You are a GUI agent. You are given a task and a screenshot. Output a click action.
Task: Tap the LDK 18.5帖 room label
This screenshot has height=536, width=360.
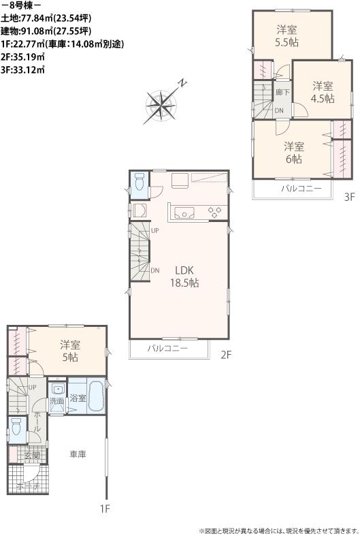pyautogui.click(x=180, y=276)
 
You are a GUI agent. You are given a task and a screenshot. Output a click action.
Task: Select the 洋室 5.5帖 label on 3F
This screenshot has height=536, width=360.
pyautogui.click(x=287, y=35)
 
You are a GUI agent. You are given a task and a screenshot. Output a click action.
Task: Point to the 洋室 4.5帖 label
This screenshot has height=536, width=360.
pyautogui.click(x=323, y=92)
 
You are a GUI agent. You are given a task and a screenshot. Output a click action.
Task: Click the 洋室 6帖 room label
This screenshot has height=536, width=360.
pyautogui.click(x=293, y=152)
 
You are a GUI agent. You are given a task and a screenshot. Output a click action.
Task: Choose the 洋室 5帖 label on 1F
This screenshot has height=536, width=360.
pyautogui.click(x=69, y=350)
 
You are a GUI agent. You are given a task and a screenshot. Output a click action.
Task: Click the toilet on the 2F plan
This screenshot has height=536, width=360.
pyautogui.click(x=139, y=183)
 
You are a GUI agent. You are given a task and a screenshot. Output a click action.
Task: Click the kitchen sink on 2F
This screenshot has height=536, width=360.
pyautogui.click(x=184, y=212)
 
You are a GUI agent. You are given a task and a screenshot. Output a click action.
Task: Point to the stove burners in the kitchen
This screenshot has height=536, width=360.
pyautogui.click(x=216, y=212)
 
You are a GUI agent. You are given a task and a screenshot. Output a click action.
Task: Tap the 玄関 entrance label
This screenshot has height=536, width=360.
pyautogui.click(x=32, y=455)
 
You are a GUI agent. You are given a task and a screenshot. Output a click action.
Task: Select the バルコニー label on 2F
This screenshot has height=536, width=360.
pyautogui.click(x=167, y=349)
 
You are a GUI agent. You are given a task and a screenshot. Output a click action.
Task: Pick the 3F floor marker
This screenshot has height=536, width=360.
pyautogui.click(x=349, y=198)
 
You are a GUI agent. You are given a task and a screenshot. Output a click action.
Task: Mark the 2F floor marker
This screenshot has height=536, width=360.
pyautogui.click(x=227, y=354)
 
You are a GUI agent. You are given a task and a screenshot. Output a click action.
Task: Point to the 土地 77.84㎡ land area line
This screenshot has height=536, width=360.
pyautogui.click(x=44, y=19)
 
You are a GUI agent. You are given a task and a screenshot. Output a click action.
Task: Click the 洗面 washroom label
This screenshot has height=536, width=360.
pyautogui.click(x=57, y=401)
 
